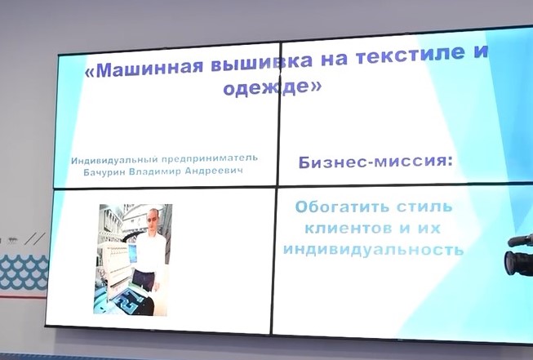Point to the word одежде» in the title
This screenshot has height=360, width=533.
[272, 87]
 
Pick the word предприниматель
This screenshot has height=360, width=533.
[210, 158]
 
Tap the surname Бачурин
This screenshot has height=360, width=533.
[104, 172]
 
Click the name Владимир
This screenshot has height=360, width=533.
[155, 171]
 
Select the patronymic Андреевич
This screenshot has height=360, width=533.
[214, 171]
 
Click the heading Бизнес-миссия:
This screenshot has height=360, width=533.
[375, 161]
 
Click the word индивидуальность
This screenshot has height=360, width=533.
[374, 249]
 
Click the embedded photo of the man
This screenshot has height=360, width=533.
[133, 260]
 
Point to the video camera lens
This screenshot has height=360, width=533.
[509, 262]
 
